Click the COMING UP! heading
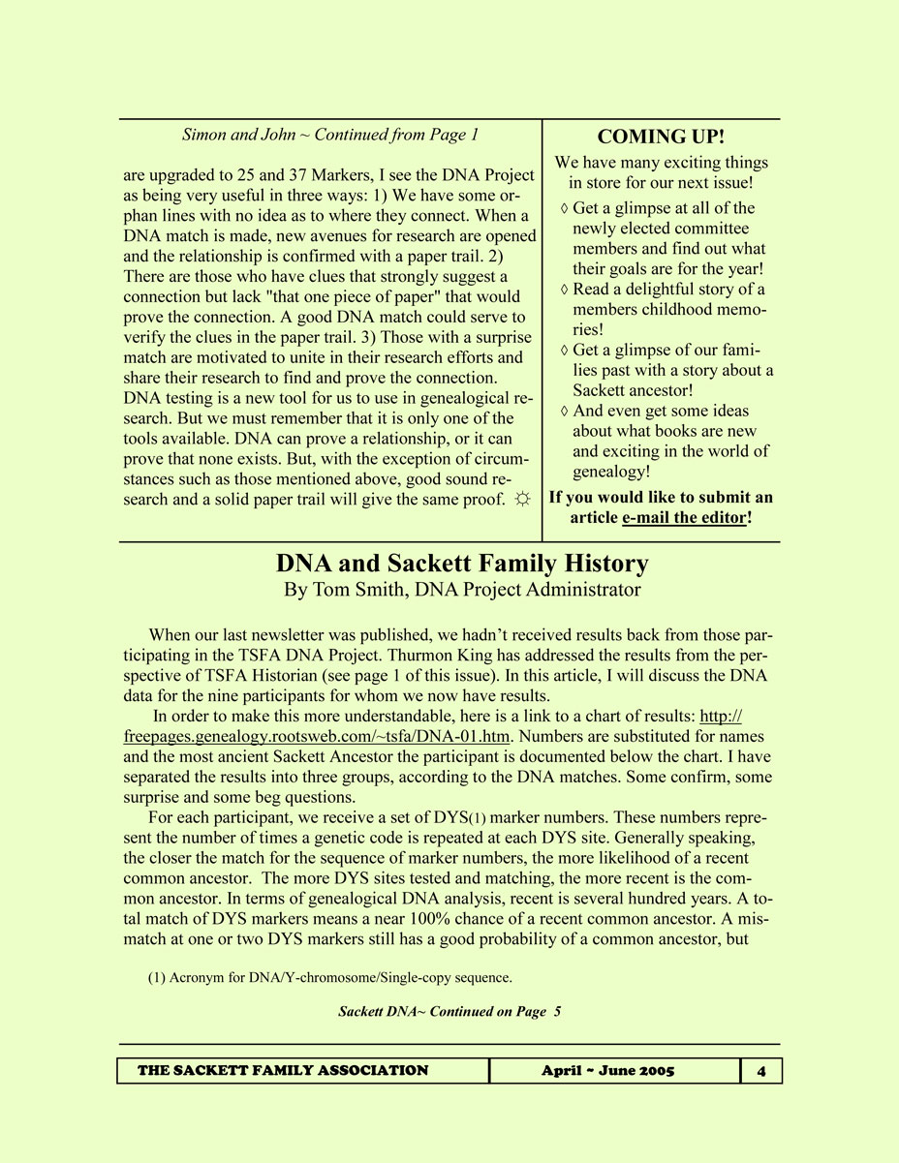point(661,137)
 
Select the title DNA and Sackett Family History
point(462,564)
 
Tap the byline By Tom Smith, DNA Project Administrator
point(462,589)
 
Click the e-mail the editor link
point(684,517)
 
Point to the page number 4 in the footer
point(761,1070)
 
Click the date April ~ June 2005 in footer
point(608,1070)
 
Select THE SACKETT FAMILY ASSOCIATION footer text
point(283,1070)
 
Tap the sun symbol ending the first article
point(521,499)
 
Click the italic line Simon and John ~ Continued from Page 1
point(330,135)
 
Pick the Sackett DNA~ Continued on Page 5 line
point(449,1012)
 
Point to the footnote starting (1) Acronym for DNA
point(330,978)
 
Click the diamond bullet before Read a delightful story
point(565,290)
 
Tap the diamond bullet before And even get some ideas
point(565,412)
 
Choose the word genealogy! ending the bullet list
point(611,472)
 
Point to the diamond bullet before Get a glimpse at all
point(565,208)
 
